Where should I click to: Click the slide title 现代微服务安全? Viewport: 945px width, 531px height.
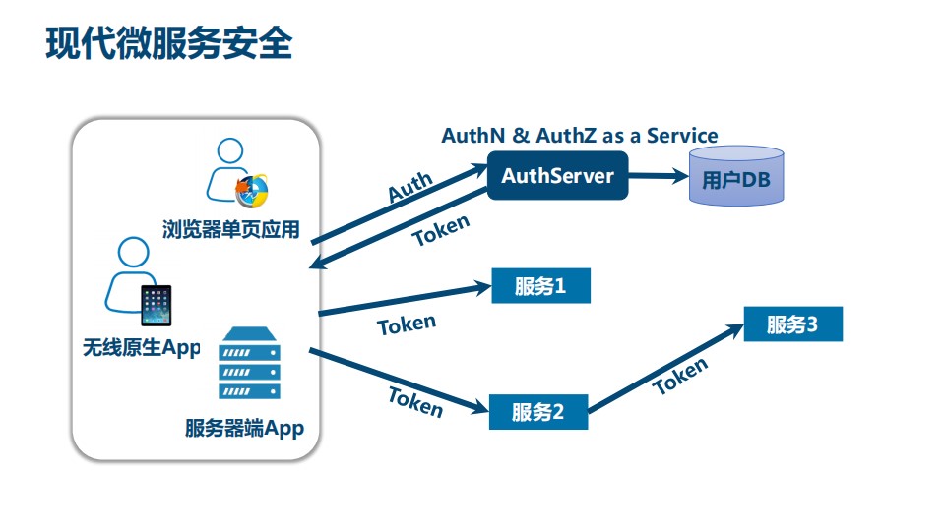pyautogui.click(x=168, y=44)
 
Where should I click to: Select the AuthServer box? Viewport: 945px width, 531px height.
pyautogui.click(x=557, y=176)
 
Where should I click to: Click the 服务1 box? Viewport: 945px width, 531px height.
pyautogui.click(x=540, y=286)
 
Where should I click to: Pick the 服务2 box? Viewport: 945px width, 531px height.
pyautogui.click(x=537, y=411)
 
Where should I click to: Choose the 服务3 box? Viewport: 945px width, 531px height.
pyautogui.click(x=792, y=324)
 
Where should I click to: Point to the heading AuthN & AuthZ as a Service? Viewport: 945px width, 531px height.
pyautogui.click(x=579, y=136)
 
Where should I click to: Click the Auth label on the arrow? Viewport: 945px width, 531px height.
pyautogui.click(x=409, y=187)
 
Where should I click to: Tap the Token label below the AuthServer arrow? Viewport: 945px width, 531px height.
pyautogui.click(x=440, y=231)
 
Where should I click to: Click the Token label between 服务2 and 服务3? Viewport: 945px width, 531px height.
pyautogui.click(x=680, y=376)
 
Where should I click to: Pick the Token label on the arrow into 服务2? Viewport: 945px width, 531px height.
pyautogui.click(x=415, y=401)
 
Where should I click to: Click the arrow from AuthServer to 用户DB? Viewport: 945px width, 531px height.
pyautogui.click(x=658, y=177)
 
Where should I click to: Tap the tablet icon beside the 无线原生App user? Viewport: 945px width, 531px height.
pyautogui.click(x=156, y=307)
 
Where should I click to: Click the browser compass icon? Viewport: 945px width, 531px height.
pyautogui.click(x=251, y=191)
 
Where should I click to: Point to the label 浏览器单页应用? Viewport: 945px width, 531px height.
pyautogui.click(x=231, y=230)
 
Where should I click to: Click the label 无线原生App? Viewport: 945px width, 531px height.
pyautogui.click(x=142, y=347)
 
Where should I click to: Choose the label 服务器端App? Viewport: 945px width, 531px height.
pyautogui.click(x=244, y=429)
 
